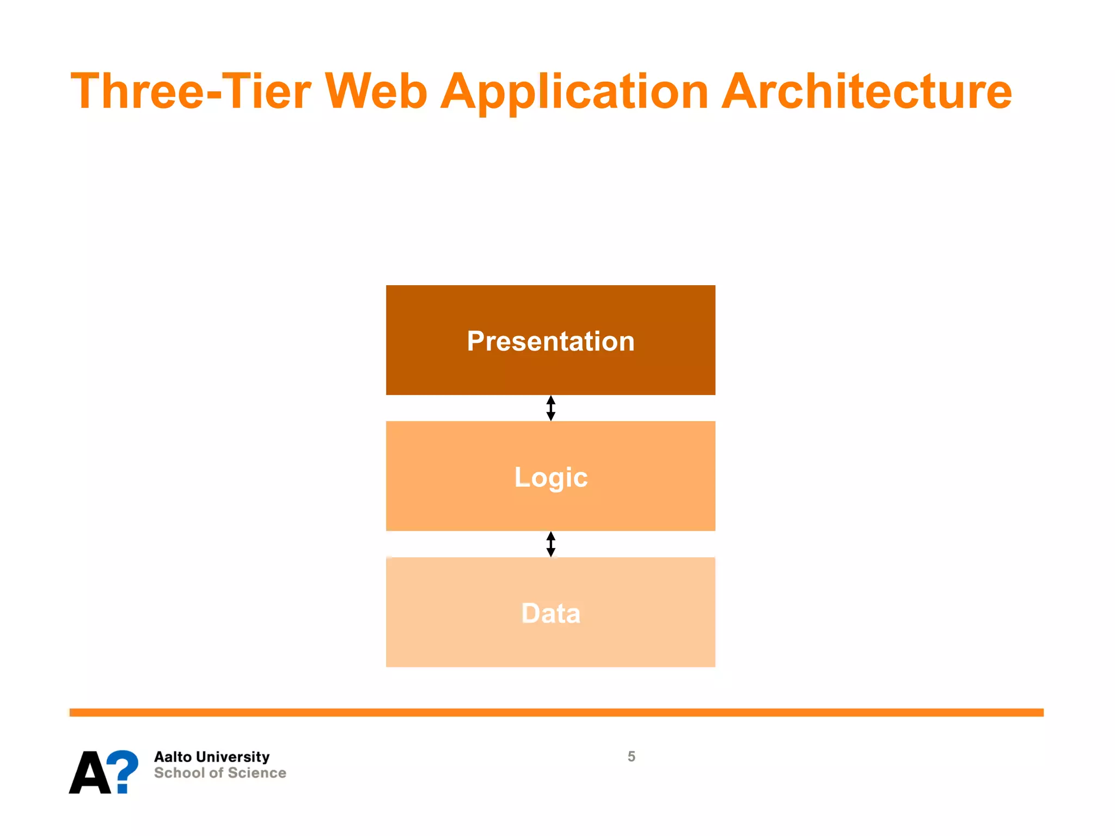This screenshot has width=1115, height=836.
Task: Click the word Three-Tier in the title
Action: coord(191,91)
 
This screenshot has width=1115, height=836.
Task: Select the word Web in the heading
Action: coord(376,91)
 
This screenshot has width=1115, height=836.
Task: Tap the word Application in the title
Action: coord(574,91)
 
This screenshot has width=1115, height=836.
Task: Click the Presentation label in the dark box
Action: coord(550,341)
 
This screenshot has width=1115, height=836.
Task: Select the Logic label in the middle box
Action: coord(550,477)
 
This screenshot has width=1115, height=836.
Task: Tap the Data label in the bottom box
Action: coord(550,613)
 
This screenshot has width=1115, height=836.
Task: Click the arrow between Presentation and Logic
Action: coord(550,408)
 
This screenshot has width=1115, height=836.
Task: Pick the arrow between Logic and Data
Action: coord(550,544)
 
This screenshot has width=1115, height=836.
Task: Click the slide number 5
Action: coord(631,757)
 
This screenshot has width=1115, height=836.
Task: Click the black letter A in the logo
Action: coord(90,773)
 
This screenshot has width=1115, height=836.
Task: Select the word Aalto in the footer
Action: coord(173,757)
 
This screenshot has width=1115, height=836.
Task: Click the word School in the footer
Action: coord(179,773)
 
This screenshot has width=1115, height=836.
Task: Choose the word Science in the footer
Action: coord(256,773)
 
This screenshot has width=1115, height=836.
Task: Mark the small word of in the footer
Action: coord(216,773)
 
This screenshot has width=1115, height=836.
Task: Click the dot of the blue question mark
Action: coord(122,788)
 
